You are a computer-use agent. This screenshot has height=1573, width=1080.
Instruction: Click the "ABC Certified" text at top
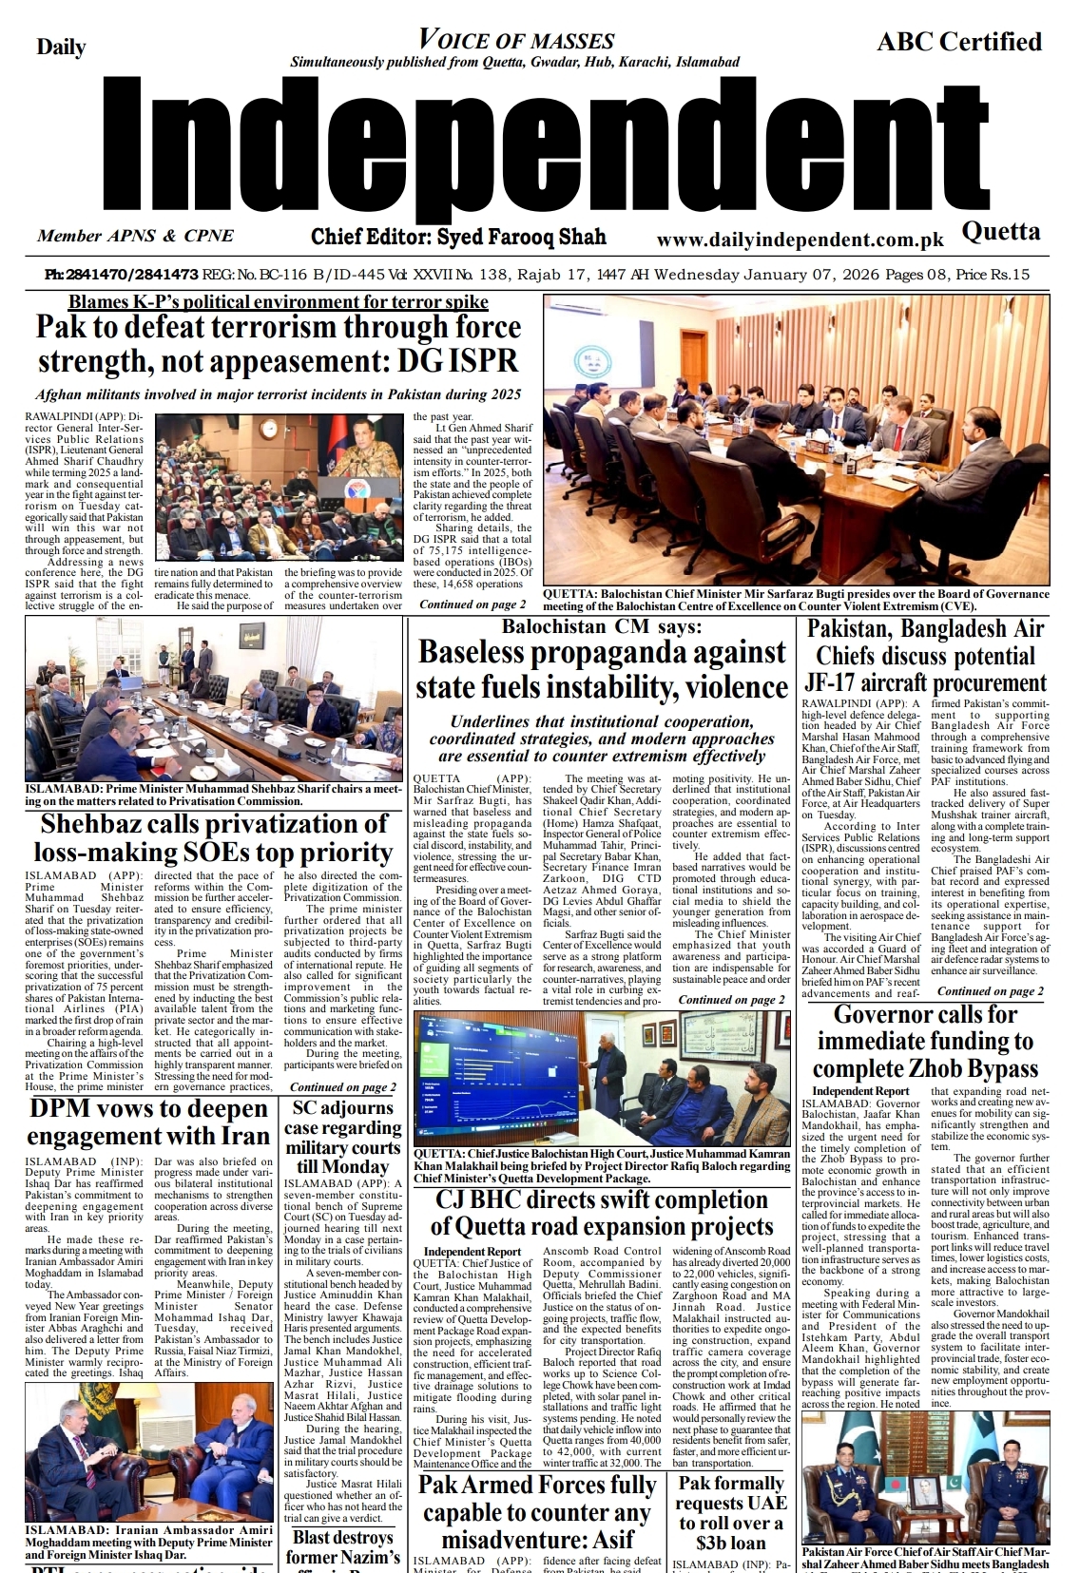958,42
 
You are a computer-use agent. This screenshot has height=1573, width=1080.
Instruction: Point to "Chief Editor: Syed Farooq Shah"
458,236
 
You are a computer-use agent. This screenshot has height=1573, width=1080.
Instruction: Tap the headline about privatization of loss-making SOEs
214,837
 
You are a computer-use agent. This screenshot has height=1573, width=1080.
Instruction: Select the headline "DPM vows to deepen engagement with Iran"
147,1122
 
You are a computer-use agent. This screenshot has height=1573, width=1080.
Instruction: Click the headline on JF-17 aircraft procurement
926,656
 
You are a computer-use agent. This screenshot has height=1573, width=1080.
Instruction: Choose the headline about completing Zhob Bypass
924,1041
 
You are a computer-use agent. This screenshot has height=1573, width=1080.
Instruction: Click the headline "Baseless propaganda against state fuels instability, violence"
602,669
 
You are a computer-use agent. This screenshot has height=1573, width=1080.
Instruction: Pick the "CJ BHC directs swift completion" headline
601,1213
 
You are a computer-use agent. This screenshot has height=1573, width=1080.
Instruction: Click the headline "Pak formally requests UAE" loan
731,1512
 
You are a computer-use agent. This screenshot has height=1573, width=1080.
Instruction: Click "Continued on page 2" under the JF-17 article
990,991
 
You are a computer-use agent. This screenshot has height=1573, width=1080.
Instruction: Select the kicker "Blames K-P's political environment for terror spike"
278,302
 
